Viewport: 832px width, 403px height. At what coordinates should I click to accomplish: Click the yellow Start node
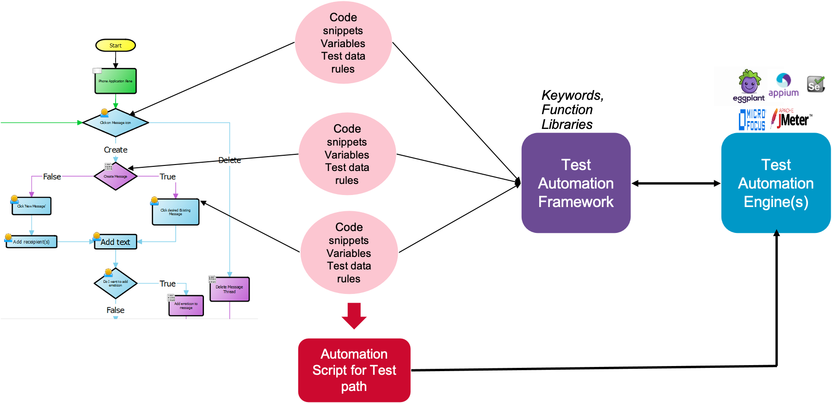116,45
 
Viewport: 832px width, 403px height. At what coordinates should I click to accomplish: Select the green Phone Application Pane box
116,81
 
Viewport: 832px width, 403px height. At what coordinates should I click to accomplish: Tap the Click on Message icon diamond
116,123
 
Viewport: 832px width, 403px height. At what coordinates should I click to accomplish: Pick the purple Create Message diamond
116,176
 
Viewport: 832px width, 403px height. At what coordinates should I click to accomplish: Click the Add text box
116,242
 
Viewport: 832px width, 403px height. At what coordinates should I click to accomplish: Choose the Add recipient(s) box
31,242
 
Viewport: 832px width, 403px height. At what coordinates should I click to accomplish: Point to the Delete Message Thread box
229,289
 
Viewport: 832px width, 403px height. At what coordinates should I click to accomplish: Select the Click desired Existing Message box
176,212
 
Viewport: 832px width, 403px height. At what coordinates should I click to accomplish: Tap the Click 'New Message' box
31,206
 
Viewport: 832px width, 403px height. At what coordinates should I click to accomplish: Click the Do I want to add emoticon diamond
116,283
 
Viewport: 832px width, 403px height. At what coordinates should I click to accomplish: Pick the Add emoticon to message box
186,306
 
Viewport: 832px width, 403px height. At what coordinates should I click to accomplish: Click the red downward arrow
354,316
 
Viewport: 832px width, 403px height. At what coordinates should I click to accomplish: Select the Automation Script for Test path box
354,370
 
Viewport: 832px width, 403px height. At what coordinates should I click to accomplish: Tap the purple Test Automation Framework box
576,183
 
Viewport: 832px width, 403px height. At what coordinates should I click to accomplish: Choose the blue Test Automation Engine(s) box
776,183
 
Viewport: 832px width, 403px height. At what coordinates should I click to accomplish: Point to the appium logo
783,85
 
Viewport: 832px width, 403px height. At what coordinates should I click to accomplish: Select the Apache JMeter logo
792,119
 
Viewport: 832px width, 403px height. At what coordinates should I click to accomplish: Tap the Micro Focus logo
752,120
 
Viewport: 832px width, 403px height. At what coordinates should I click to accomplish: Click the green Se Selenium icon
815,85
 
